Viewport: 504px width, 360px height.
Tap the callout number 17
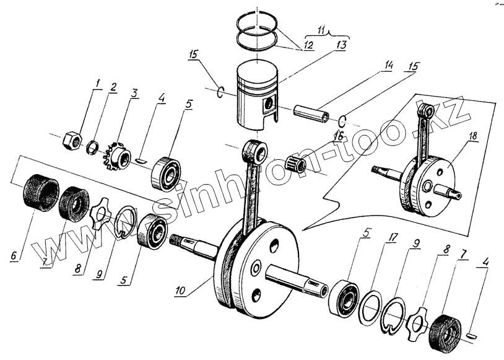pyautogui.click(x=389, y=237)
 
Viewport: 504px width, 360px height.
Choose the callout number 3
pyautogui.click(x=134, y=93)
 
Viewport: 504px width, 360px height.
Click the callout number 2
pyautogui.click(x=113, y=88)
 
